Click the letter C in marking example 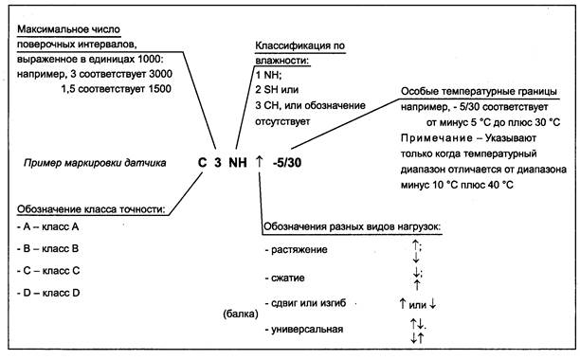coord(202,162)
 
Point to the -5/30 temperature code coord(289,162)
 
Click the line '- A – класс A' coord(47,228)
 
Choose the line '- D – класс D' coord(47,293)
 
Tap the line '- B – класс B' coord(47,249)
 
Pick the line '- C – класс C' coord(47,271)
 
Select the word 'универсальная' coord(308,330)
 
